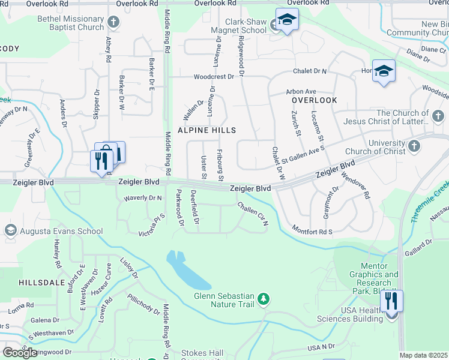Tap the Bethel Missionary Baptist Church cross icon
click(x=113, y=23)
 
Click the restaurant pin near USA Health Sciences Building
click(x=391, y=302)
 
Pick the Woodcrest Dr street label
click(x=214, y=77)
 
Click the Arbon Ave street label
click(x=301, y=91)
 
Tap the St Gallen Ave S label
click(x=303, y=153)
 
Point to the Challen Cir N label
click(x=252, y=214)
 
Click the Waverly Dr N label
click(x=143, y=198)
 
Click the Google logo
click(x=20, y=352)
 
